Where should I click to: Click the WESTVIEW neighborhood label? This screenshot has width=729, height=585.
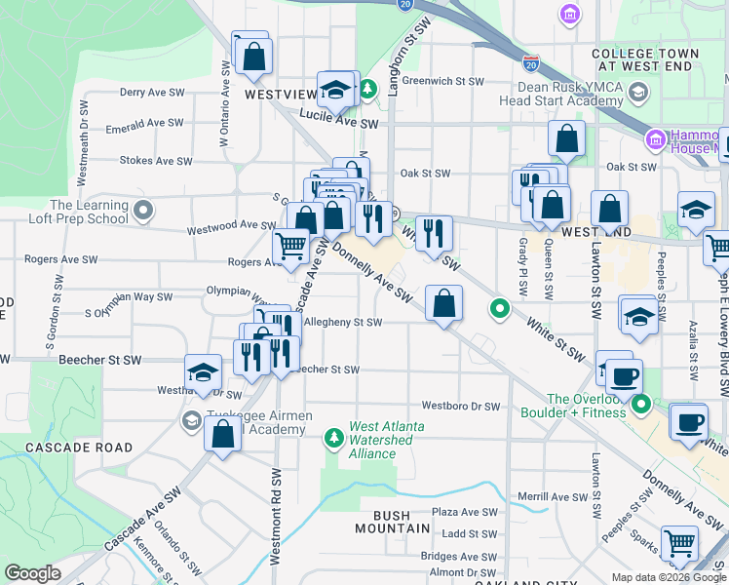pyautogui.click(x=280, y=95)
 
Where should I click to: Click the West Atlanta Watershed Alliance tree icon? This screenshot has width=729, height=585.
pyautogui.click(x=335, y=436)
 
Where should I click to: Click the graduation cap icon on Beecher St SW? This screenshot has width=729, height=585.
pyautogui.click(x=203, y=372)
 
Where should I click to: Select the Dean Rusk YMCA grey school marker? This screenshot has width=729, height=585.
pyautogui.click(x=638, y=93)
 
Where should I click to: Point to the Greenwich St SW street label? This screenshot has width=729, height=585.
pyautogui.click(x=442, y=81)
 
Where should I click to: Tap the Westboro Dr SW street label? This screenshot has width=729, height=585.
pyautogui.click(x=460, y=406)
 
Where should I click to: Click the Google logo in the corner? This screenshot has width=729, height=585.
pyautogui.click(x=32, y=573)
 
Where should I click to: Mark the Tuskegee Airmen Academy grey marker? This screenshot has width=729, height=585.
pyautogui.click(x=190, y=419)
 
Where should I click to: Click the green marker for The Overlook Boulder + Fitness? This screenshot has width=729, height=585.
pyautogui.click(x=640, y=404)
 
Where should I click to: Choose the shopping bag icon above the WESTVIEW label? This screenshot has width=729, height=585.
pyautogui.click(x=253, y=57)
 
